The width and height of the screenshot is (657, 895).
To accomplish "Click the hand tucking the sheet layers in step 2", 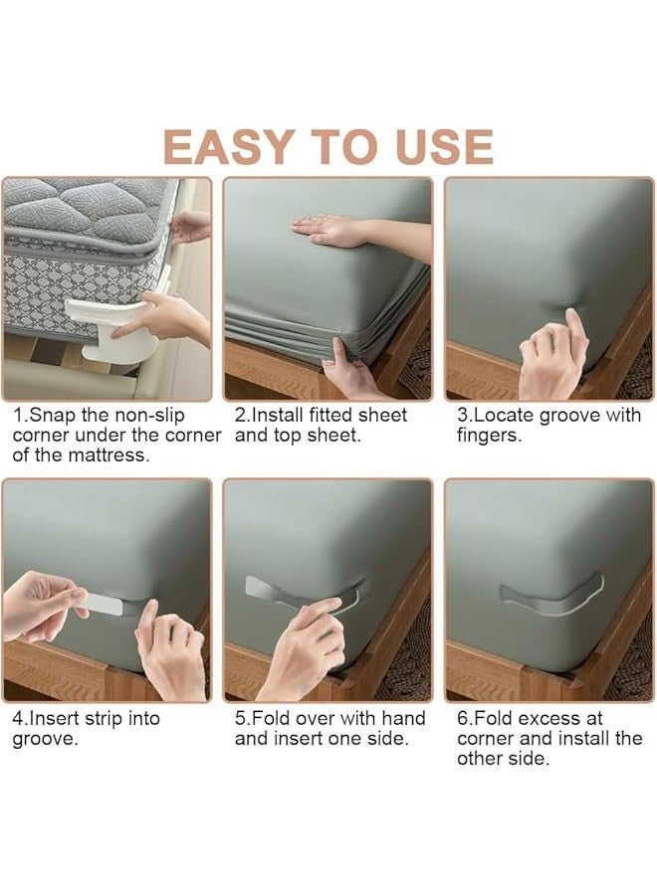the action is click(x=348, y=368).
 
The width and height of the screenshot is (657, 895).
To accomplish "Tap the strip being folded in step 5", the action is click(x=303, y=594).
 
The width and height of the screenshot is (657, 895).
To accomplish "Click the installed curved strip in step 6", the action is click(x=551, y=600).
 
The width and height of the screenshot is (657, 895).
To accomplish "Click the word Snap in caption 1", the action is click(x=54, y=415).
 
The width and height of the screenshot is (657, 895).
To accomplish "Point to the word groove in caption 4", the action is click(x=43, y=739).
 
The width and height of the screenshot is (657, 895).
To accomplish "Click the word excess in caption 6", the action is click(x=561, y=718).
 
